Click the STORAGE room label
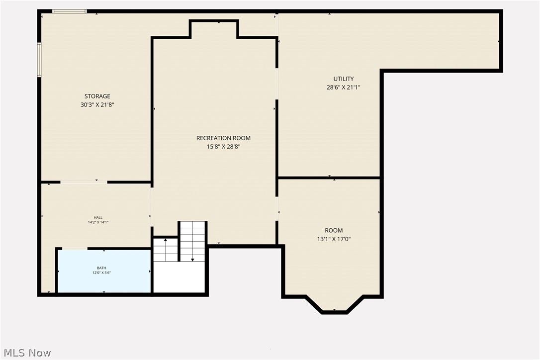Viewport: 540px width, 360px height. (x=97, y=96)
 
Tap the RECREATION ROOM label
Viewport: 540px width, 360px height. (x=223, y=138)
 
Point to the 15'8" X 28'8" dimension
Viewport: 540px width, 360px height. (x=223, y=146)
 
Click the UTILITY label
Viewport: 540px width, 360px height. (x=344, y=79)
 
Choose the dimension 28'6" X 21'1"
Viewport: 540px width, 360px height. (x=344, y=87)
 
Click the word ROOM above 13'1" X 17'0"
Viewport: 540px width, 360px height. (x=334, y=230)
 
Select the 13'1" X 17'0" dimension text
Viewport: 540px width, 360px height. (x=334, y=239)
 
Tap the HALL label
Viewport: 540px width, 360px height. (x=98, y=217)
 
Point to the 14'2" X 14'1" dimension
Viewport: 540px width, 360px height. (x=98, y=222)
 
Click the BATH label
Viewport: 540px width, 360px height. (x=101, y=268)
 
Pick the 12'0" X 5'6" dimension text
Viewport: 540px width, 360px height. (x=101, y=272)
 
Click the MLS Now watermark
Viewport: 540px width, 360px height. (x=26, y=353)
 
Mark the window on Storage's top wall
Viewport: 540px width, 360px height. (x=70, y=11)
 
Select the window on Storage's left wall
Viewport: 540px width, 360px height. (x=39, y=60)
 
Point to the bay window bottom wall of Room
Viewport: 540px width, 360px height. (x=334, y=312)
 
